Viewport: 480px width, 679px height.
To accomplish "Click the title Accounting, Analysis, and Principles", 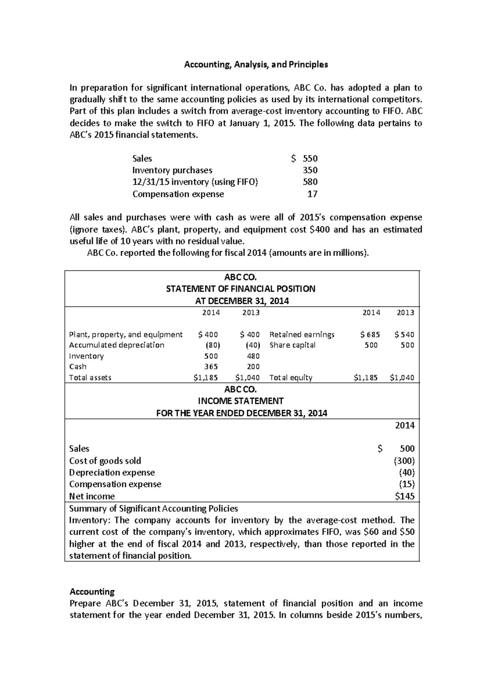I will [x=256, y=64].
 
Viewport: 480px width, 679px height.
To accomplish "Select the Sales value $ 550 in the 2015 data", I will [x=304, y=158].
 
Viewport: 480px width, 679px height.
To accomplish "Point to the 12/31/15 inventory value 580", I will [x=310, y=182].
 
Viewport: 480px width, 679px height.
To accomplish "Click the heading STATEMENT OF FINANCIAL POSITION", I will [x=240, y=289].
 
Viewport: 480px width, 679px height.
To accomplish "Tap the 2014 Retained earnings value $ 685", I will [x=370, y=334].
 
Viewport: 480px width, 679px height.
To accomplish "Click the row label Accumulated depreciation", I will [x=116, y=345].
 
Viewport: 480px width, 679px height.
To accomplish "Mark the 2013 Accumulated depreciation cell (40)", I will [x=252, y=345].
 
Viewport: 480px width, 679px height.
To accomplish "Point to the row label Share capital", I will [x=292, y=345].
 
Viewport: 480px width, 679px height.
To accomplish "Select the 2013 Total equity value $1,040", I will [x=402, y=377].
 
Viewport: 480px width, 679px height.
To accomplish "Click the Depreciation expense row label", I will [x=112, y=473].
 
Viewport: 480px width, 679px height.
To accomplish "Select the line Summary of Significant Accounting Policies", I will [x=154, y=509].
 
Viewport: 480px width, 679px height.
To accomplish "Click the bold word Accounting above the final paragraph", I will [x=92, y=591].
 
